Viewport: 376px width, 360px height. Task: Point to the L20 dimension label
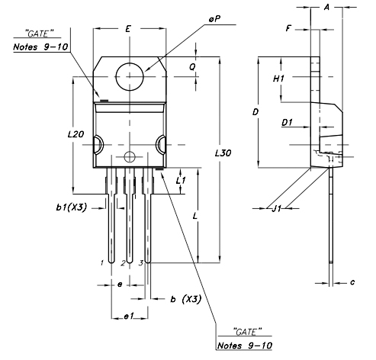[75, 133]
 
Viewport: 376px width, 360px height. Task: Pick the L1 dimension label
[181, 181]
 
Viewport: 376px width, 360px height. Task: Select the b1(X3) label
[70, 207]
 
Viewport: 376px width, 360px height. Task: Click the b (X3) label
[185, 299]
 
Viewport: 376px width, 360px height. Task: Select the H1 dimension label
[278, 79]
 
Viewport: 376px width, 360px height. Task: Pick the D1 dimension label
[287, 122]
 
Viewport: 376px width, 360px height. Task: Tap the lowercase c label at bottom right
[352, 282]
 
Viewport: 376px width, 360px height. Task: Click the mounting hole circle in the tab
[129, 75]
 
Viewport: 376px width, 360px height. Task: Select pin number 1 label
[101, 262]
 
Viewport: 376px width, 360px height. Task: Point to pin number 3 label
[140, 262]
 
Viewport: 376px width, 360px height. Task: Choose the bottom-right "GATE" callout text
[245, 331]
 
